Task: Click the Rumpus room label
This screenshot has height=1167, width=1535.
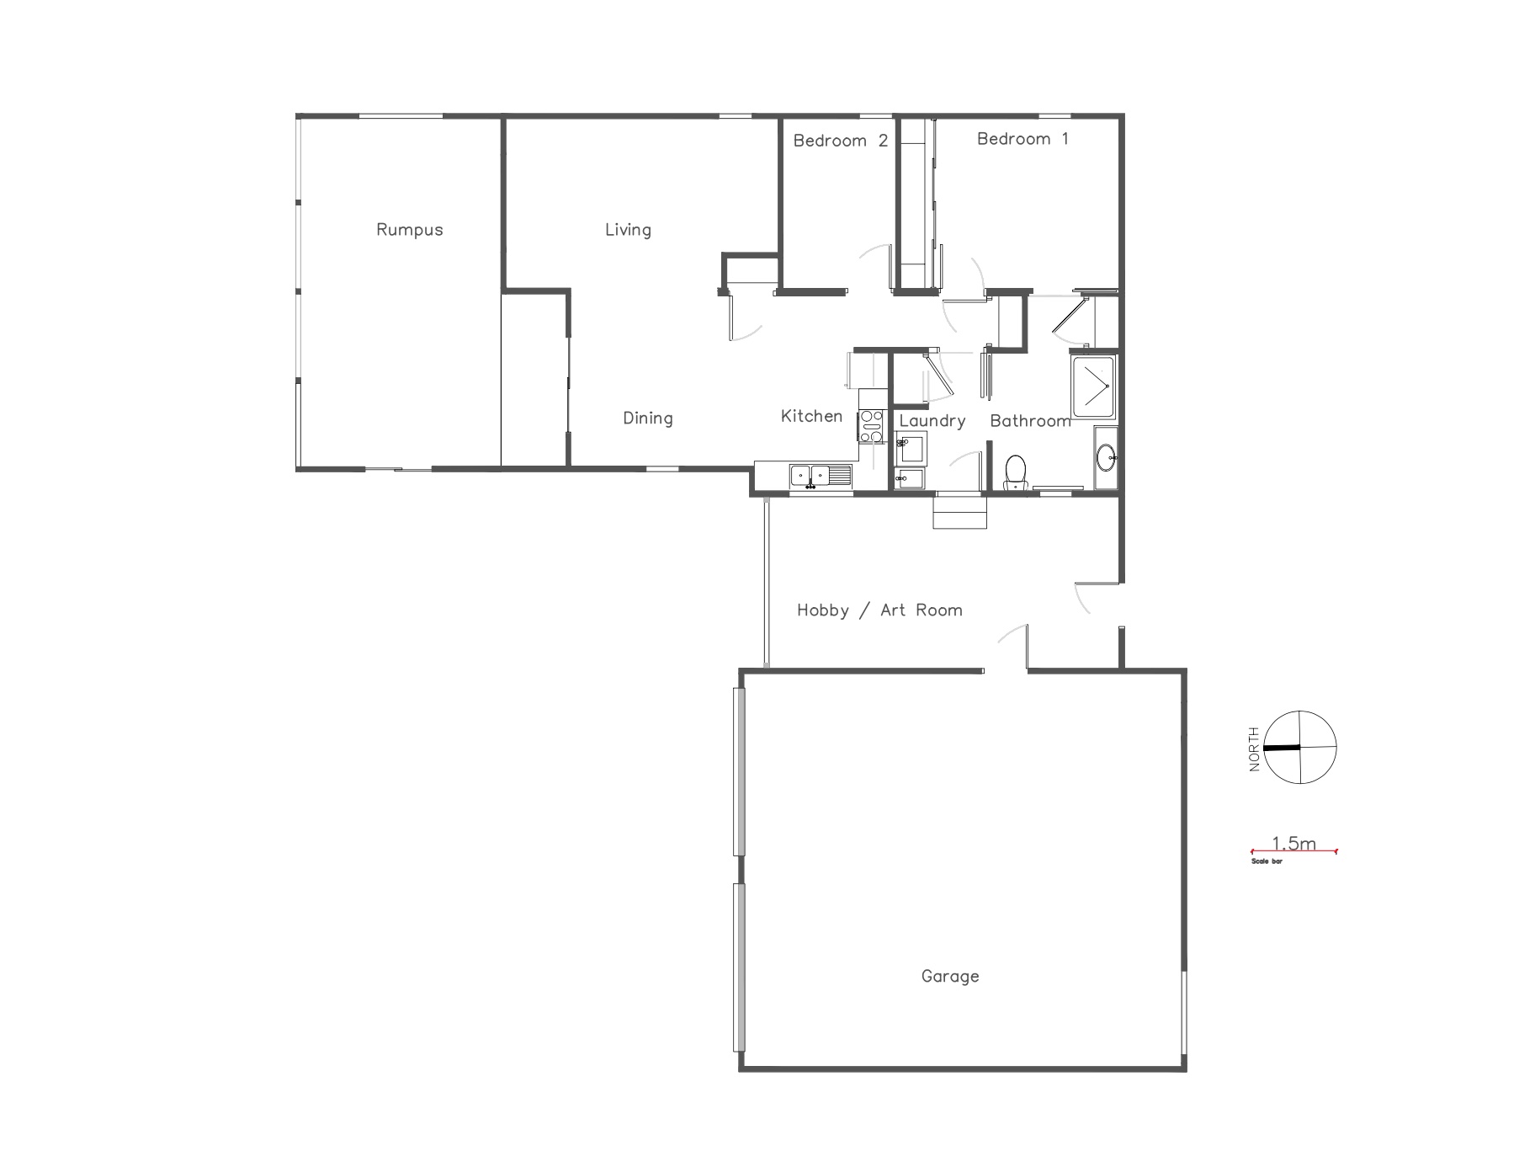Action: [409, 230]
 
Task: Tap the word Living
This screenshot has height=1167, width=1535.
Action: [628, 230]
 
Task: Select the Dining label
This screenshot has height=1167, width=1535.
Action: [647, 418]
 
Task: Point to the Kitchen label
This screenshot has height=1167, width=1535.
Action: [811, 416]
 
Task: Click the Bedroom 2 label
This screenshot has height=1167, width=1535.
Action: [840, 141]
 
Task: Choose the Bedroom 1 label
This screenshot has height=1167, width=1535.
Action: [1022, 139]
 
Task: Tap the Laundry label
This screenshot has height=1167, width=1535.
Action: [932, 421]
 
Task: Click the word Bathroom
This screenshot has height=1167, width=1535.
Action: [1030, 421]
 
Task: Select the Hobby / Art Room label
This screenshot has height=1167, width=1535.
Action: [879, 610]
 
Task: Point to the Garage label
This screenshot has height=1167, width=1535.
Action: [950, 977]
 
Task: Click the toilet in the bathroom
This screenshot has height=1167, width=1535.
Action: [1016, 472]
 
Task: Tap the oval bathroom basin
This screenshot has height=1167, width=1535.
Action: [1106, 459]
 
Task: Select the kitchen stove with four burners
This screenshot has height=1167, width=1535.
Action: [871, 425]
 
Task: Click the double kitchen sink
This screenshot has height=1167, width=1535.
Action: [821, 476]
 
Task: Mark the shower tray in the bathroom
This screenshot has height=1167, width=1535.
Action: [1092, 388]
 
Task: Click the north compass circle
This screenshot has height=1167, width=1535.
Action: [1300, 747]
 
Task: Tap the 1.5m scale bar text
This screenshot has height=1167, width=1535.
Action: [1293, 843]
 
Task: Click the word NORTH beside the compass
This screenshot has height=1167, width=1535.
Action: [1255, 749]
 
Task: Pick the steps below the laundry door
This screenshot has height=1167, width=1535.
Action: [959, 512]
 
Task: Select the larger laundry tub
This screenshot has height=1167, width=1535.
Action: [911, 448]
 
